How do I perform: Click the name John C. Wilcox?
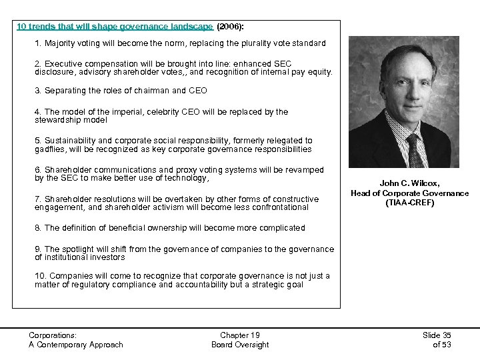[410, 183]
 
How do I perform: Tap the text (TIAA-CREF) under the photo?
[410, 203]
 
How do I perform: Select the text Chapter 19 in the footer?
[240, 335]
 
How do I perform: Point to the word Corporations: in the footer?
[53, 335]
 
